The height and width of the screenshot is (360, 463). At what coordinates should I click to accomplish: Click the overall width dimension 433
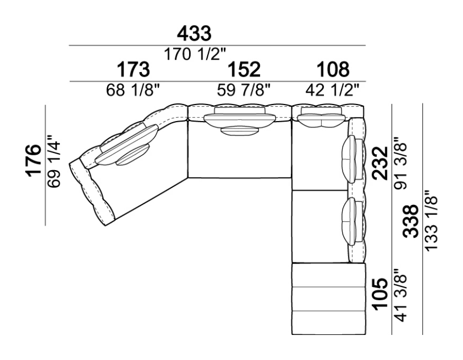[x=194, y=34]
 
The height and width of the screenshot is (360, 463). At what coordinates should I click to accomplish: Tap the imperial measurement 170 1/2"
[x=194, y=54]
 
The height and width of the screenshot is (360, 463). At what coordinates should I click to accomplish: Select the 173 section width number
[x=133, y=69]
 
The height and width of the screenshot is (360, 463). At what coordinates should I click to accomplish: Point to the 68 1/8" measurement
[x=133, y=90]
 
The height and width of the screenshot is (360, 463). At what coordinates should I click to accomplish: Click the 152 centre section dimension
[x=244, y=69]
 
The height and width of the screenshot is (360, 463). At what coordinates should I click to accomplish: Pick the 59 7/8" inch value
[x=243, y=90]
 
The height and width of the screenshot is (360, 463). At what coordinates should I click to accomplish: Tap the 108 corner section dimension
[x=333, y=69]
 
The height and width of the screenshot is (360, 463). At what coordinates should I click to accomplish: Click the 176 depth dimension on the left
[x=34, y=161]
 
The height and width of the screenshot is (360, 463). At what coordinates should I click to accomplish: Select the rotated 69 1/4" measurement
[x=54, y=161]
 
